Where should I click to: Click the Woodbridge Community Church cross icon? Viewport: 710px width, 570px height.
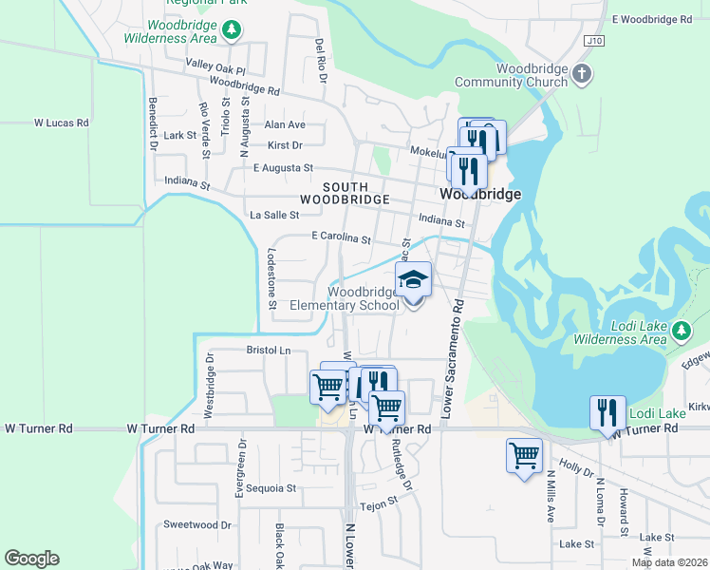pyautogui.click(x=583, y=73)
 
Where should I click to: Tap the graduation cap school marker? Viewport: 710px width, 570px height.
pyautogui.click(x=413, y=279)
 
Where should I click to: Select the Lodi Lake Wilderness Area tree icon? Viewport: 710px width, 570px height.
pyautogui.click(x=681, y=331)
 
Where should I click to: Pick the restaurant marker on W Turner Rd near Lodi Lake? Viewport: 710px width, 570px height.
pyautogui.click(x=607, y=412)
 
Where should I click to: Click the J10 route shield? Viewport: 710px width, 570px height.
pyautogui.click(x=594, y=42)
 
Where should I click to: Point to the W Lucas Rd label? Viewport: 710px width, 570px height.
pyautogui.click(x=61, y=123)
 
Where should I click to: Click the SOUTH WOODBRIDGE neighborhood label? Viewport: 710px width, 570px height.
pyautogui.click(x=344, y=193)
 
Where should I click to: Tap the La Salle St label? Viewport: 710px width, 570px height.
pyautogui.click(x=274, y=216)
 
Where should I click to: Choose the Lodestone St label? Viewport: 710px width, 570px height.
pyautogui.click(x=271, y=278)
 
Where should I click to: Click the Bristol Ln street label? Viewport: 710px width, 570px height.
pyautogui.click(x=268, y=350)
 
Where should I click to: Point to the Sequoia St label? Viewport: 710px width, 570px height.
pyautogui.click(x=271, y=488)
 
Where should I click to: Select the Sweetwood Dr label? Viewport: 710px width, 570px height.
pyautogui.click(x=197, y=524)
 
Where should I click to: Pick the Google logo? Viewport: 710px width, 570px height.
pyautogui.click(x=31, y=559)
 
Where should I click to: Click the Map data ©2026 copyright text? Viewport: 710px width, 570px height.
pyautogui.click(x=670, y=562)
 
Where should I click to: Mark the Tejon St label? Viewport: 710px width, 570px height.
pyautogui.click(x=378, y=506)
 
